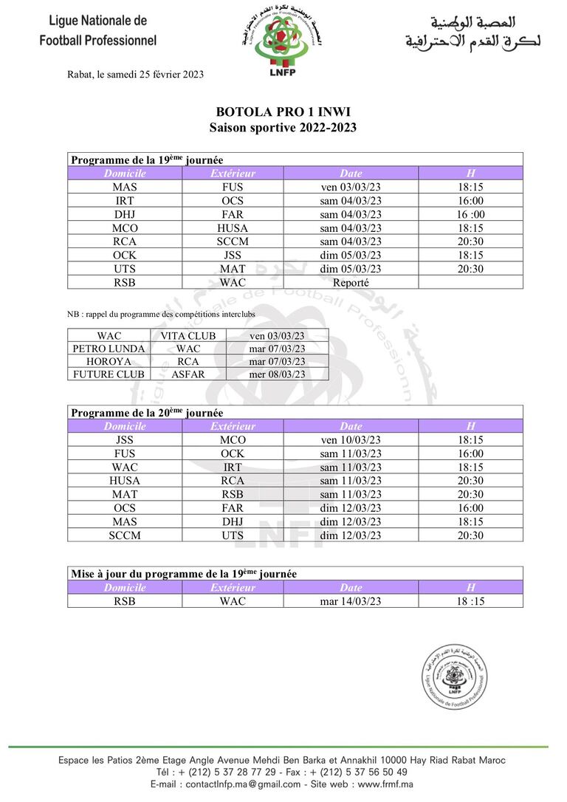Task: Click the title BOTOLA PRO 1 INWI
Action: pyautogui.click(x=283, y=112)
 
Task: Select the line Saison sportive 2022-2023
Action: pyautogui.click(x=283, y=127)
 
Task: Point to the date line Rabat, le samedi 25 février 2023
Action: pyautogui.click(x=135, y=74)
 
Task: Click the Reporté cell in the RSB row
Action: pyautogui.click(x=351, y=282)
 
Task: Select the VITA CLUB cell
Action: pyautogui.click(x=188, y=336)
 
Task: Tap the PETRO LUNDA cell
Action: pyautogui.click(x=109, y=349)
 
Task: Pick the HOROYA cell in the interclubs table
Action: pyautogui.click(x=109, y=361)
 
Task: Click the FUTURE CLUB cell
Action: pyautogui.click(x=109, y=374)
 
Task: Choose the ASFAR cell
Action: pyautogui.click(x=188, y=374)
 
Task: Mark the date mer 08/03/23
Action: pyautogui.click(x=277, y=374)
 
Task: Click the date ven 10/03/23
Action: pyautogui.click(x=351, y=440)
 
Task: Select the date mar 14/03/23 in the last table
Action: pyautogui.click(x=351, y=601)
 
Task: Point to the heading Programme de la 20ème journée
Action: pyautogui.click(x=145, y=412)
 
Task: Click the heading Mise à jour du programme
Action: pyautogui.click(x=184, y=573)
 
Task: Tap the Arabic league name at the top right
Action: pyautogui.click(x=472, y=32)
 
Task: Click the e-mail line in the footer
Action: pyautogui.click(x=283, y=784)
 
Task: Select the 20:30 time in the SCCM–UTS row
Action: pyautogui.click(x=470, y=535)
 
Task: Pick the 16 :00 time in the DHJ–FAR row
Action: pyautogui.click(x=470, y=214)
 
